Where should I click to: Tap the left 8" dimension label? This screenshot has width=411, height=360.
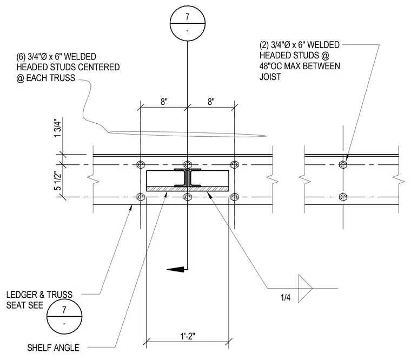click(x=164, y=102)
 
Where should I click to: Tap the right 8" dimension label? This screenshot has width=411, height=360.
click(x=211, y=102)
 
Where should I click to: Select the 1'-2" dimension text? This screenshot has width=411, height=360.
click(x=188, y=336)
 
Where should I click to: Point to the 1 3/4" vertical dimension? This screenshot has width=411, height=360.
click(x=57, y=128)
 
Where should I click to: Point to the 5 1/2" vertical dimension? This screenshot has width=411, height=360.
click(x=57, y=181)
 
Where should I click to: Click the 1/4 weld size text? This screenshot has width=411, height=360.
click(x=286, y=297)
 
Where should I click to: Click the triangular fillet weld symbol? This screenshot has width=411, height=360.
click(x=299, y=288)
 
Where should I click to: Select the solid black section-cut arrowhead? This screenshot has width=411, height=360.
click(x=175, y=269)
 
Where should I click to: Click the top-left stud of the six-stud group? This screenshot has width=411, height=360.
click(x=141, y=164)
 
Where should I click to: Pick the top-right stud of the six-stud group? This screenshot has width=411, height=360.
click(x=234, y=164)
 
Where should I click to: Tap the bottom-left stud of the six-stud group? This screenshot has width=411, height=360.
click(x=141, y=197)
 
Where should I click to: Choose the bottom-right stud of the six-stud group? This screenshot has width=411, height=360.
click(x=234, y=197)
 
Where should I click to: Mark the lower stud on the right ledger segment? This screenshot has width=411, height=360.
click(x=343, y=197)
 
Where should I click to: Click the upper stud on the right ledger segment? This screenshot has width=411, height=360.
click(x=343, y=164)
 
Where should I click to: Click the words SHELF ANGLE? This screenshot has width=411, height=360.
click(x=53, y=348)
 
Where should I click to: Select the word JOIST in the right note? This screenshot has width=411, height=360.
click(x=270, y=77)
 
